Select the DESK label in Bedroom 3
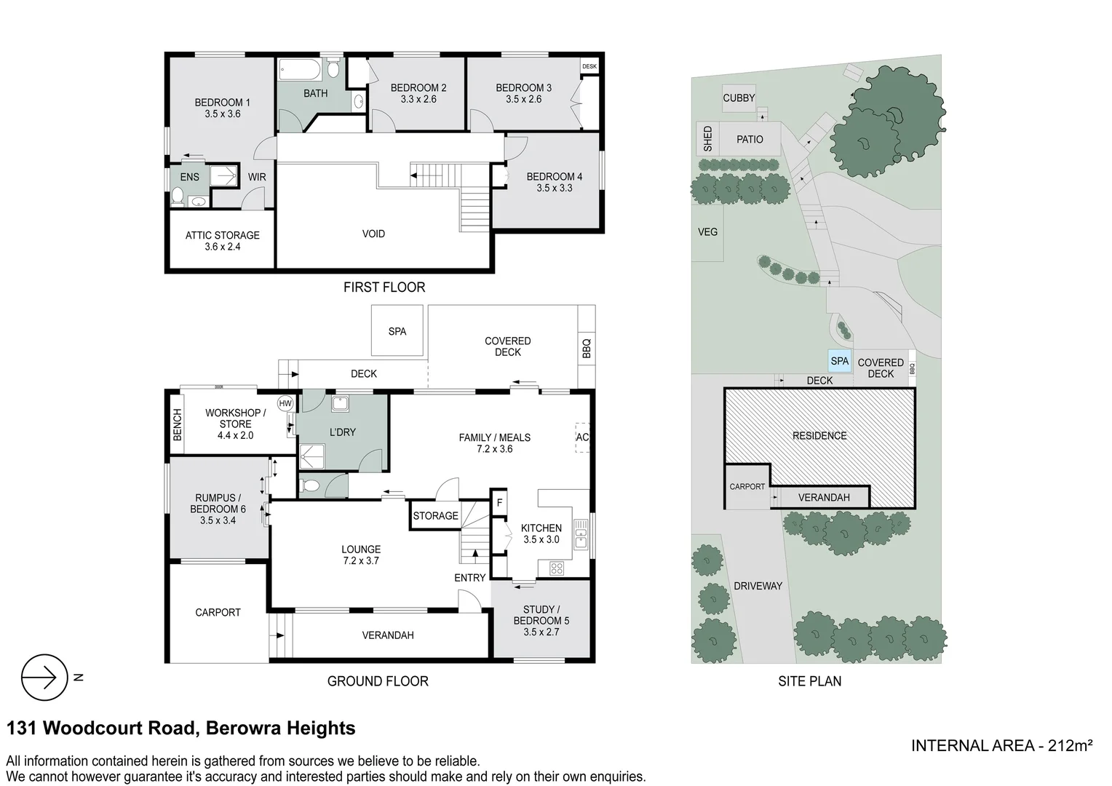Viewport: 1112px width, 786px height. (x=589, y=66)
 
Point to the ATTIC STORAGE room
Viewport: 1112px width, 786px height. (x=222, y=241)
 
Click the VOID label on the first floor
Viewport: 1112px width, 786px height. (x=373, y=234)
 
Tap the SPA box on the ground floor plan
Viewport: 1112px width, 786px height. (x=397, y=331)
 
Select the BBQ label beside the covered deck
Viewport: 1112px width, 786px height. (x=587, y=348)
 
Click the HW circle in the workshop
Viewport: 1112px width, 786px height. (x=285, y=403)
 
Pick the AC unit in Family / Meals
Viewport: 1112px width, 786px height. (x=582, y=437)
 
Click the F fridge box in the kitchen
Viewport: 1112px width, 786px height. (x=499, y=502)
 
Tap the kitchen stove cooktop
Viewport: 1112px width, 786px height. (x=557, y=568)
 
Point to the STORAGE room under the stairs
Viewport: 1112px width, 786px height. (x=435, y=516)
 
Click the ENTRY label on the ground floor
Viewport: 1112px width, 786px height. (x=469, y=577)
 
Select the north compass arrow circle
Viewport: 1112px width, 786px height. (x=44, y=678)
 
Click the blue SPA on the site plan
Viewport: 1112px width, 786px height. (x=839, y=361)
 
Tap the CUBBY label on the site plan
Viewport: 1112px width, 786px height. (x=739, y=98)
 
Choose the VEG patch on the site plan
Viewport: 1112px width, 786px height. (x=707, y=232)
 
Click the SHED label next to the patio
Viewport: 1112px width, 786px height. (x=707, y=139)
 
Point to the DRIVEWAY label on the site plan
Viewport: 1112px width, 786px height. (x=758, y=586)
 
